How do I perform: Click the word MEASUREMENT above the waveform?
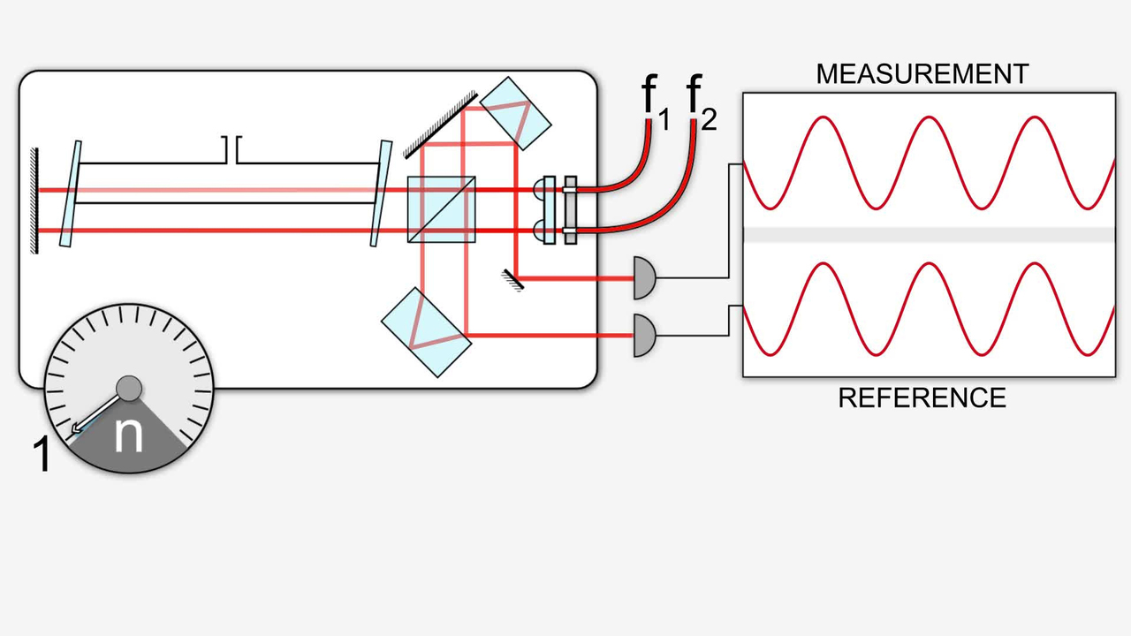pos(922,74)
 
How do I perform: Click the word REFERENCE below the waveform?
pos(922,398)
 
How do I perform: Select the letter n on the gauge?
pos(129,435)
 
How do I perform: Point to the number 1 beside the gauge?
pos(41,455)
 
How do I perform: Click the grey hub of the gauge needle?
pos(129,387)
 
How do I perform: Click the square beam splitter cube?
pos(441,209)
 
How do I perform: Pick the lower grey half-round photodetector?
pos(646,337)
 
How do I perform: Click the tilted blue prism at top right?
pos(516,113)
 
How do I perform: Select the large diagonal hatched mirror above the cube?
pos(440,125)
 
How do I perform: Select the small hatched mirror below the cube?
pos(512,281)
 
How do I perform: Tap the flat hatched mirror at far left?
pos(34,201)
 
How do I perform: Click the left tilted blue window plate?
pos(71,193)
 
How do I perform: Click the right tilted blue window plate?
pos(381,193)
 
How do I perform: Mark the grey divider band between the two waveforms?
pos(928,234)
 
